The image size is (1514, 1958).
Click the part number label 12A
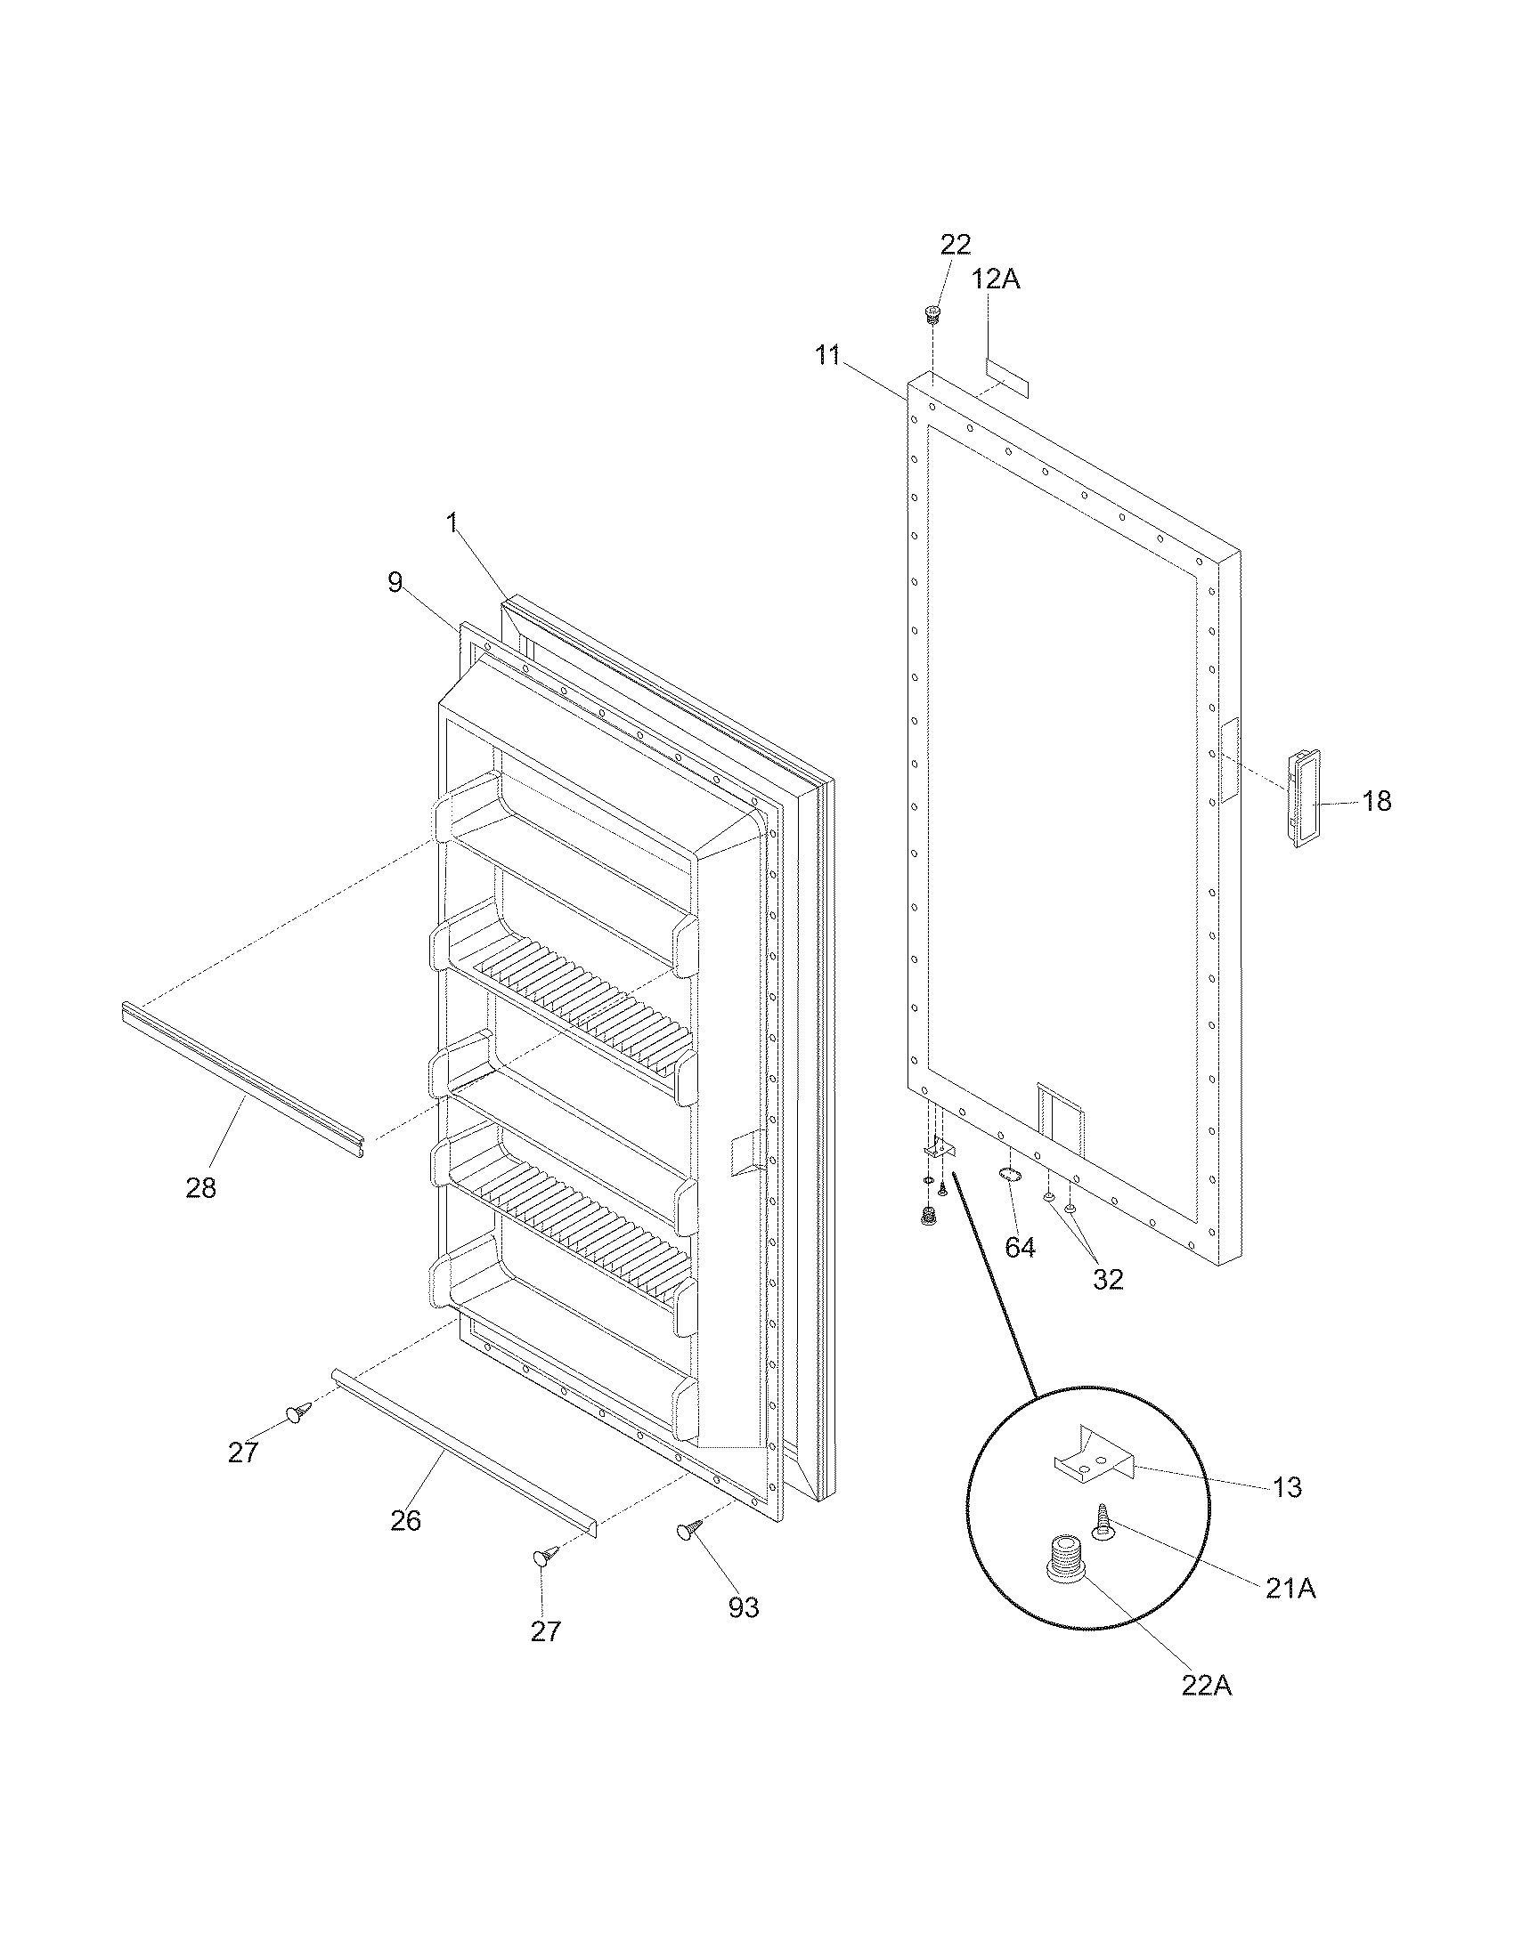[996, 279]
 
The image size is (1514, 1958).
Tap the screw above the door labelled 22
[932, 314]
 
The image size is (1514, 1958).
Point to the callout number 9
[395, 583]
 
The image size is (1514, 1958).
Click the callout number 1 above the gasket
[454, 522]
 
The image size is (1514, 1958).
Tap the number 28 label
[201, 1188]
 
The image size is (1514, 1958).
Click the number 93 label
[743, 1608]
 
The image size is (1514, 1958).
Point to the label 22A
[1206, 1686]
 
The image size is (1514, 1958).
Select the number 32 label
[1108, 1279]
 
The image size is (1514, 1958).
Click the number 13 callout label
[1287, 1487]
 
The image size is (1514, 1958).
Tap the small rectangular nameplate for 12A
[1006, 379]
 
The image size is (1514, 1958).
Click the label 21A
[1290, 1589]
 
